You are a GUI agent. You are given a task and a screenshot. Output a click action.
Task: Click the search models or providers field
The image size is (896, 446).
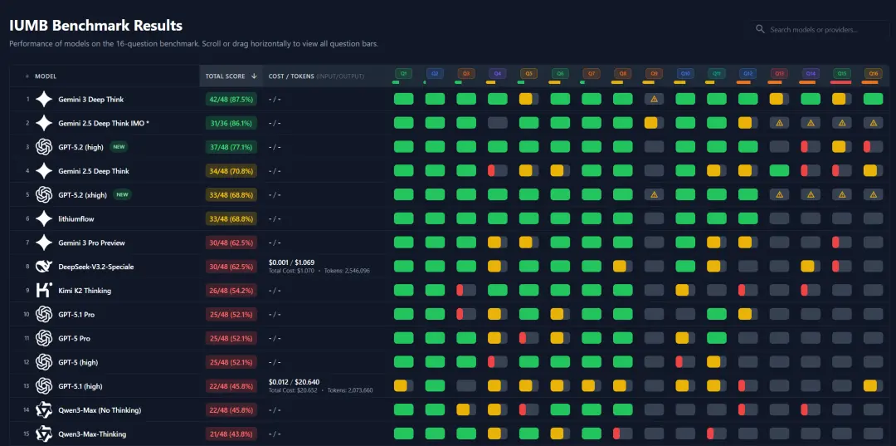(821, 30)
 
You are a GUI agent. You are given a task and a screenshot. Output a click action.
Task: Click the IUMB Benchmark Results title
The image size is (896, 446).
(95, 26)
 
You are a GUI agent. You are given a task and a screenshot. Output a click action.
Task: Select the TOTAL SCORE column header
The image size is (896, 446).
(226, 76)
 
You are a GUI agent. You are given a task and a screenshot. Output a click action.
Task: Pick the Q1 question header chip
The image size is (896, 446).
(404, 74)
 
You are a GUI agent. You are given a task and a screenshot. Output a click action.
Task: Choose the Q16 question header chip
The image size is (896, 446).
(873, 74)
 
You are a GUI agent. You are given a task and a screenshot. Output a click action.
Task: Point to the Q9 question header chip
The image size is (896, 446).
(654, 74)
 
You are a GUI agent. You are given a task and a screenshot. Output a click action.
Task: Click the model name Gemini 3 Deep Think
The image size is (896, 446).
(91, 100)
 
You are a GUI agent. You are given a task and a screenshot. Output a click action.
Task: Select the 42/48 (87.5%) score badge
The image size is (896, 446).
(231, 100)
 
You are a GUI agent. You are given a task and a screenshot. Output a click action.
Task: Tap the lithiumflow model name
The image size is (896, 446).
(76, 219)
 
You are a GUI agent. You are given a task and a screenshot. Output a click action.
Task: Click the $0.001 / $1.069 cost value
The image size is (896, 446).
(291, 262)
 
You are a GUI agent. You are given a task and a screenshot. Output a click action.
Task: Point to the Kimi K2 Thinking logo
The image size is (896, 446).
(44, 291)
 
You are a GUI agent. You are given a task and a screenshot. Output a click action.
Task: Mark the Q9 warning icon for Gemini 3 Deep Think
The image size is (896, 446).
(654, 100)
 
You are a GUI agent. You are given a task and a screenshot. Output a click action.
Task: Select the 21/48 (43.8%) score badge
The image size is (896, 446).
(231, 434)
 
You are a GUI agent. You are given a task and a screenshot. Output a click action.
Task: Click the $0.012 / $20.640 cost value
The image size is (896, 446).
(294, 382)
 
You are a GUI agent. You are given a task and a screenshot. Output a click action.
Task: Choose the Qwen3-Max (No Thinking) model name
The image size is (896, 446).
(100, 410)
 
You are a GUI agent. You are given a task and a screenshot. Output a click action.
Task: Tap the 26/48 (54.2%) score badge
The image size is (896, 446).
(231, 291)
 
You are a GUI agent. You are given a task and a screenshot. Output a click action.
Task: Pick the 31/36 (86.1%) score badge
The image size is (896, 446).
(231, 124)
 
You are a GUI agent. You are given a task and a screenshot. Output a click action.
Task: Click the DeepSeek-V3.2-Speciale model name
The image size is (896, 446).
(96, 267)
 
